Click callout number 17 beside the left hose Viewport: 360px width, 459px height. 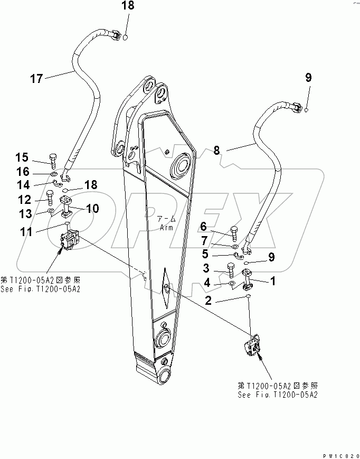click(36, 79)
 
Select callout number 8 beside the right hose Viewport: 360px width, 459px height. click(216, 151)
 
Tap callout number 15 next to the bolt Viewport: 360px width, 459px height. click(22, 157)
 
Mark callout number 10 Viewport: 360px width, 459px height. click(92, 208)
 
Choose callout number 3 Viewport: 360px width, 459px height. click(207, 268)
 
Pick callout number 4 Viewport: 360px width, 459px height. click(207, 283)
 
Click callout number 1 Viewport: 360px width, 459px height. click(273, 282)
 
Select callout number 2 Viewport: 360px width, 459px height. click(209, 301)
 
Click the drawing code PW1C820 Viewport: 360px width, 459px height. click(340, 454)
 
